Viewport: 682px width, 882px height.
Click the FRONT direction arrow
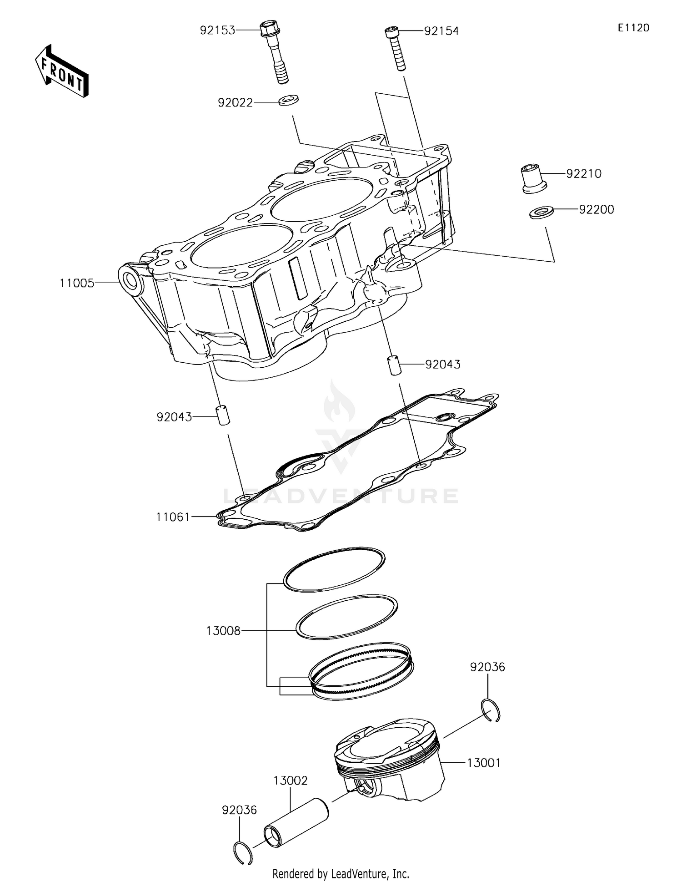pos(61,71)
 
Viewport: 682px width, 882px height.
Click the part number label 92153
pos(218,30)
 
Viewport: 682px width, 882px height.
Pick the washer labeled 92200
pos(541,212)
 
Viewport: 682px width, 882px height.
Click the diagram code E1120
pos(633,28)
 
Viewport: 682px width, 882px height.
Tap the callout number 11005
pos(77,284)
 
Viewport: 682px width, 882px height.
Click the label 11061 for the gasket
pos(172,517)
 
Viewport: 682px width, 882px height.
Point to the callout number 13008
pos(223,631)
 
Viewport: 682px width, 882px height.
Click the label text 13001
pos(484,763)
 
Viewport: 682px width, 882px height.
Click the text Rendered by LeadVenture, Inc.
pos(341,873)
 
